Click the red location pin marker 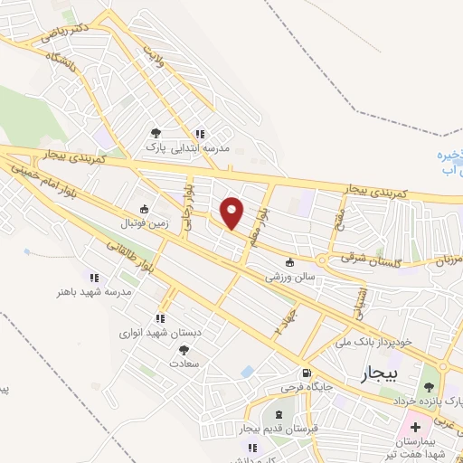coord(232,213)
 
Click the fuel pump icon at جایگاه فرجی coord(307,373)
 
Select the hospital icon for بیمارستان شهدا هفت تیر coord(415,426)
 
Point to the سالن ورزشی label coord(289,278)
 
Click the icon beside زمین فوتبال coord(143,207)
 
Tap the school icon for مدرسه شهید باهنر coord(93,277)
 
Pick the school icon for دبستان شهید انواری coord(160,318)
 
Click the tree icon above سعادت coord(184,349)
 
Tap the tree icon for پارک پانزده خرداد coord(429,387)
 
